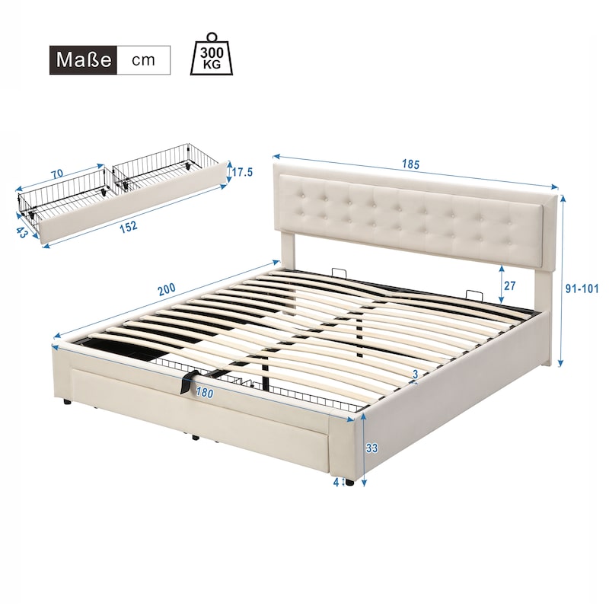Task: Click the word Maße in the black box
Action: point(84,60)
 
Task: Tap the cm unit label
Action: point(143,60)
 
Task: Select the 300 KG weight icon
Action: point(212,53)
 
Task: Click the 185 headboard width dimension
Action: point(411,164)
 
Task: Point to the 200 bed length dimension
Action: point(167,289)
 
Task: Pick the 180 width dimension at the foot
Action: point(204,393)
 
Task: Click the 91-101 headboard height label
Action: point(582,289)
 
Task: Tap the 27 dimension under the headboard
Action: point(509,285)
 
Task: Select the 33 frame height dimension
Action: point(371,448)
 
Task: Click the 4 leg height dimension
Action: point(336,482)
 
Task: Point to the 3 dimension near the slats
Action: point(415,375)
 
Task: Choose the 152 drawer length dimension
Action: point(128,226)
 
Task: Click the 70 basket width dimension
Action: point(57,174)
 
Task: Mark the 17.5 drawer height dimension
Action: point(242,172)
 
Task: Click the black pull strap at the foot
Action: point(187,382)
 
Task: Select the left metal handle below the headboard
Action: point(339,271)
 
